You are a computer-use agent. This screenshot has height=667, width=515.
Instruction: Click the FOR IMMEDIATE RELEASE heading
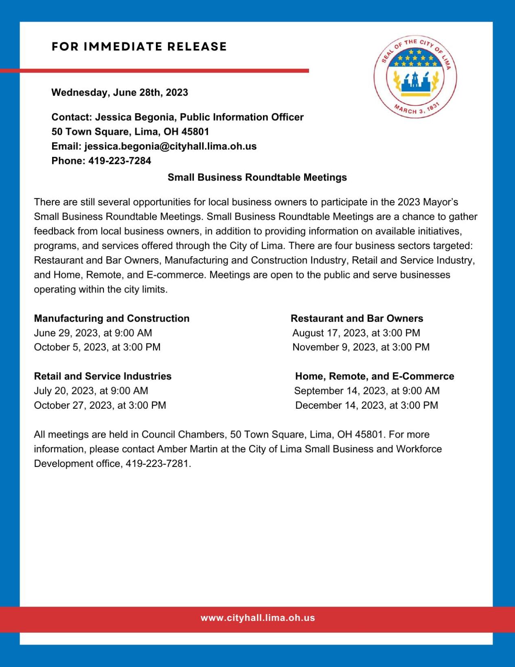(139, 46)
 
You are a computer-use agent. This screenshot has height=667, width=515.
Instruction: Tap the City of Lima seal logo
(415, 77)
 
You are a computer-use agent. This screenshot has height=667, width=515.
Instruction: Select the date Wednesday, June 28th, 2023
(120, 92)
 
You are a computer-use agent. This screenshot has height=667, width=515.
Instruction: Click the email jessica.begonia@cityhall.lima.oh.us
(170, 146)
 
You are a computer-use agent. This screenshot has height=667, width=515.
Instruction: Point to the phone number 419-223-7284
(120, 161)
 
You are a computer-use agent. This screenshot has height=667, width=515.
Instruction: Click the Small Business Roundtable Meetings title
(257, 177)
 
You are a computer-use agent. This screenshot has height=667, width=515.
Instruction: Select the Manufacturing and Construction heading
(112, 318)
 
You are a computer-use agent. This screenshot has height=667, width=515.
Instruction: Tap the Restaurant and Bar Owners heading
(357, 318)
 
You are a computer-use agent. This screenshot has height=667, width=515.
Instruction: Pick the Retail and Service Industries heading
(103, 376)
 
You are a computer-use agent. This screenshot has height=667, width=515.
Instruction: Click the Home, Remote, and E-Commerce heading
(374, 376)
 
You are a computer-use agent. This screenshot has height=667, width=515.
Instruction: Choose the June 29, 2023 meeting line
(93, 333)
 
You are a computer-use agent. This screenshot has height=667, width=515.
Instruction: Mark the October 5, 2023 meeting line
(97, 347)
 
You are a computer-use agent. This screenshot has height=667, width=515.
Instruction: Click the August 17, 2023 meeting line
(356, 333)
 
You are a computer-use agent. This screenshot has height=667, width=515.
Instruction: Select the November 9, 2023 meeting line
(361, 347)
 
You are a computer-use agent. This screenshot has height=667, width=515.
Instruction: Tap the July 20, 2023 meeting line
(91, 391)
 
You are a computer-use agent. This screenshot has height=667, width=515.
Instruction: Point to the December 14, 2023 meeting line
(366, 405)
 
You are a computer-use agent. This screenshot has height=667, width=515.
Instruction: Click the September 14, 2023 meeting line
(366, 391)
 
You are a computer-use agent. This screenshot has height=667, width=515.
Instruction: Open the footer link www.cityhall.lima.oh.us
(257, 618)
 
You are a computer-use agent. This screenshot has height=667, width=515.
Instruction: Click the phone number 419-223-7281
(158, 464)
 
